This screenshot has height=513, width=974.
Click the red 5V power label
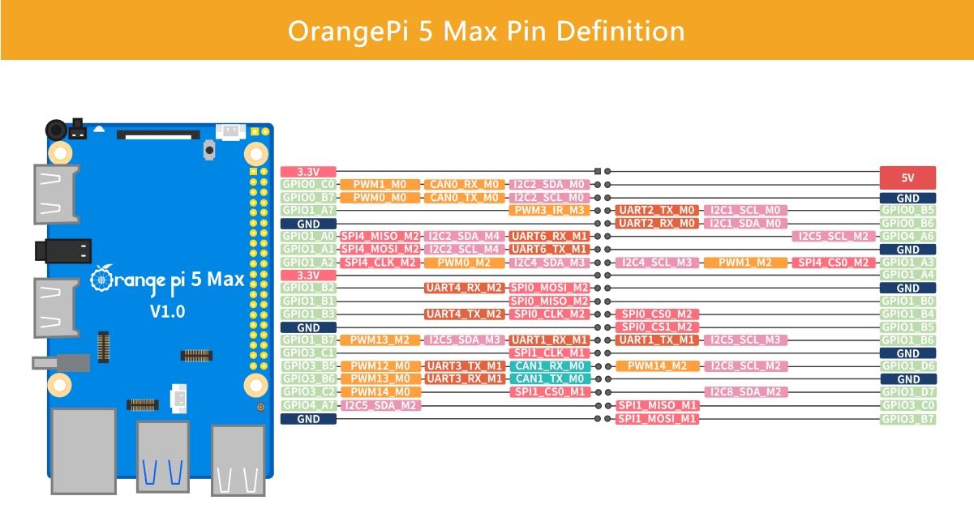(907, 177)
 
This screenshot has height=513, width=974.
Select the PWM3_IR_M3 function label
(549, 210)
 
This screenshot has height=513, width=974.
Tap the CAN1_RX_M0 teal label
(550, 366)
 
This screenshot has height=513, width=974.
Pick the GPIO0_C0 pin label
(308, 184)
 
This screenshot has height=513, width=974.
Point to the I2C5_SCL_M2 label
(833, 236)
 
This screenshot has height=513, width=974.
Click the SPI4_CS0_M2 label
(833, 263)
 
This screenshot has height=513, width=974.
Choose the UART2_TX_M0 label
(657, 210)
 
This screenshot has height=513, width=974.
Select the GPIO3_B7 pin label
(907, 419)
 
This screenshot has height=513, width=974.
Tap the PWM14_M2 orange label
(657, 366)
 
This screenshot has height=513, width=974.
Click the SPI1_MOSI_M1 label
(657, 419)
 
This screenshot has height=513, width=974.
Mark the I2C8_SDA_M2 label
(745, 391)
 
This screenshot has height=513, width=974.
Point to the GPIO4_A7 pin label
(308, 405)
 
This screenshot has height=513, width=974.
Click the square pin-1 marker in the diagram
(598, 172)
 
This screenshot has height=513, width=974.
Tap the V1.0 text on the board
(167, 311)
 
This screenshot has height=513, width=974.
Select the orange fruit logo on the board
(101, 279)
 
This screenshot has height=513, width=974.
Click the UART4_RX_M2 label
(464, 288)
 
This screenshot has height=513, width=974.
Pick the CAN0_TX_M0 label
(464, 198)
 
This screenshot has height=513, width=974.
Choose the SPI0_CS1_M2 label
(657, 327)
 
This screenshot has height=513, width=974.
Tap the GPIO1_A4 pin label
(907, 275)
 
